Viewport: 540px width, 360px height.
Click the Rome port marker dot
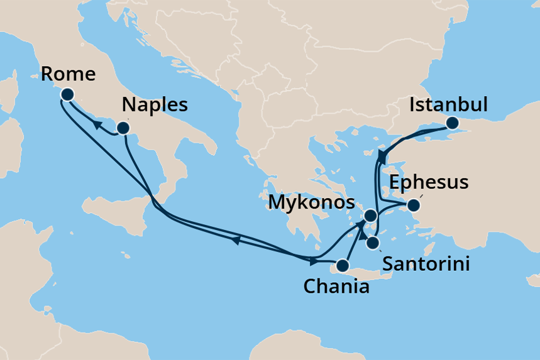(x=67, y=95)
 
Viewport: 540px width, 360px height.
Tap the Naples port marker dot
(x=123, y=129)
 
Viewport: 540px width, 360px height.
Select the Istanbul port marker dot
(x=452, y=123)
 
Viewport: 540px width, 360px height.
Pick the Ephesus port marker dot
(x=413, y=205)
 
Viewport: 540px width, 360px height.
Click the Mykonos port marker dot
(x=371, y=216)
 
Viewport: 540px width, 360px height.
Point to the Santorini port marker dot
(x=372, y=243)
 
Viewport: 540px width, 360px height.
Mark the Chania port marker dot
(x=343, y=265)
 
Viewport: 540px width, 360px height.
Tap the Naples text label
(x=155, y=104)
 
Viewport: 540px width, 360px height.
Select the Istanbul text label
(x=448, y=105)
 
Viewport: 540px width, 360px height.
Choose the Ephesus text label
(x=429, y=183)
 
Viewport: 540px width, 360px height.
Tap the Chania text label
(x=336, y=287)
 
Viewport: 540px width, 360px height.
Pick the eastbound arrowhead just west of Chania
(x=313, y=260)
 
